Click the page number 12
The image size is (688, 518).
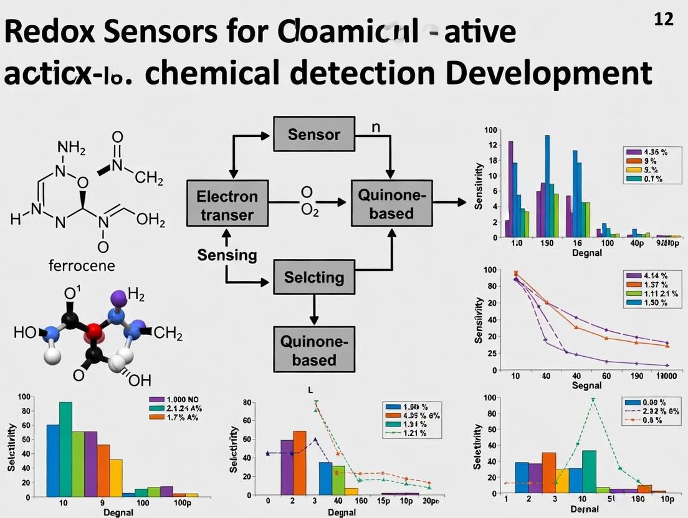(x=664, y=19)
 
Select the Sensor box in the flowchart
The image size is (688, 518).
(x=314, y=134)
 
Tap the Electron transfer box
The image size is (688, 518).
(x=227, y=205)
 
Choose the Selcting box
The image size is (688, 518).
(x=314, y=277)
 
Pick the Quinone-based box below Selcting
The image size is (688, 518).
(x=314, y=351)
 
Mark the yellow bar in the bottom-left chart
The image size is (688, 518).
(x=116, y=478)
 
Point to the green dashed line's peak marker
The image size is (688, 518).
(x=593, y=400)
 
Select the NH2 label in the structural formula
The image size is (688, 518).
(x=69, y=147)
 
